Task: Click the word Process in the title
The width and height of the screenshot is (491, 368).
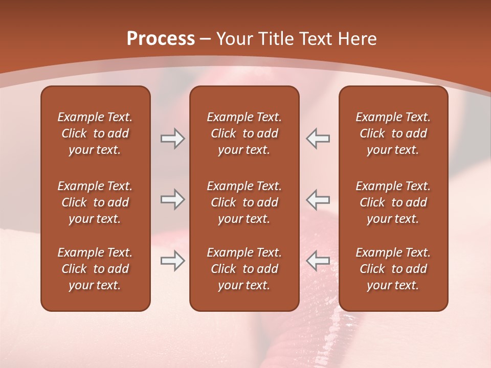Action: [161, 39]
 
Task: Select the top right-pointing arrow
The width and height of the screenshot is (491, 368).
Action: [172, 139]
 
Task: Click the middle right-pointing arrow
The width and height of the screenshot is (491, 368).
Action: [172, 199]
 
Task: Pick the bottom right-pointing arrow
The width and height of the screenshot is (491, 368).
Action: [172, 261]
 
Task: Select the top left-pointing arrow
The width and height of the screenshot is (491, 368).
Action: [318, 139]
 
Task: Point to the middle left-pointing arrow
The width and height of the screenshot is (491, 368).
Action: [318, 199]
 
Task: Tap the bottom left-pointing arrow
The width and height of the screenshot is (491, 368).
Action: [318, 261]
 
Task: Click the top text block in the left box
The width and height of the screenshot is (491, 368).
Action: [95, 133]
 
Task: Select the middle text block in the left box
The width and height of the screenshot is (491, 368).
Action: [95, 202]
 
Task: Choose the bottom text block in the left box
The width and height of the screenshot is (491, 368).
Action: [95, 269]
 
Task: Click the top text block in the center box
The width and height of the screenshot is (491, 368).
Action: [244, 133]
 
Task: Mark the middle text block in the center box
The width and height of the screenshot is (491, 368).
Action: [244, 202]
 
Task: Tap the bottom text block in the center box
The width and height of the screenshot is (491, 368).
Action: [244, 269]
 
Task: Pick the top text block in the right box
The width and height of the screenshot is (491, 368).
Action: [393, 133]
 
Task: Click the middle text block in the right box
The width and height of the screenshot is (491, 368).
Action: [393, 202]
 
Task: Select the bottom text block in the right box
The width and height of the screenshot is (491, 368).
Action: [393, 269]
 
